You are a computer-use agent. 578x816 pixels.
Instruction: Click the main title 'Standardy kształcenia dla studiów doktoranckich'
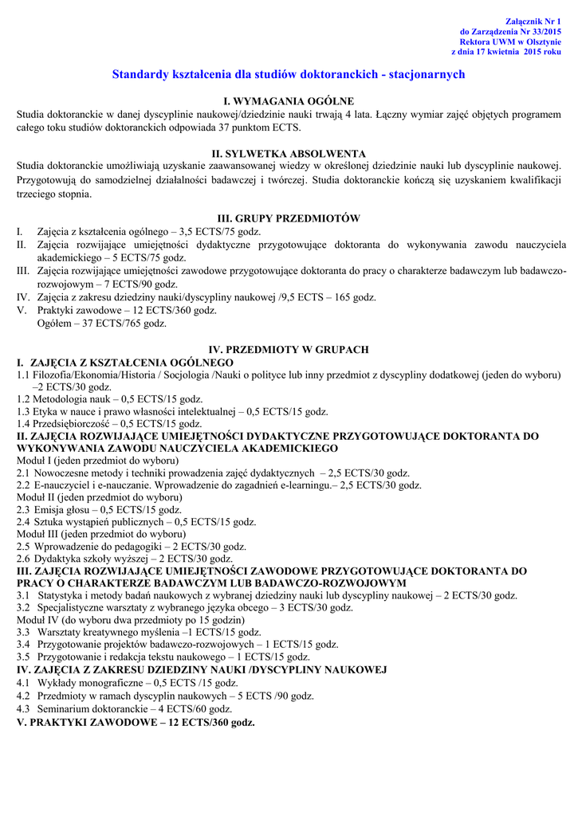[x=288, y=74]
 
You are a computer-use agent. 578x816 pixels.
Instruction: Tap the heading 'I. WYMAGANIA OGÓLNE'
[x=288, y=101]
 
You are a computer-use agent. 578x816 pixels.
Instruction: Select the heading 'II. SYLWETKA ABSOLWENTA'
[x=288, y=153]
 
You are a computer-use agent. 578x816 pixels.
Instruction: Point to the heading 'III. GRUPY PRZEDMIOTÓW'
[x=289, y=218]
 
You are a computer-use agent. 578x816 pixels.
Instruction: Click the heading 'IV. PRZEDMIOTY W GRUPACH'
[x=288, y=349]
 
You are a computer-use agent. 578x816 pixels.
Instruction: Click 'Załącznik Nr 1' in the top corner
[x=533, y=19]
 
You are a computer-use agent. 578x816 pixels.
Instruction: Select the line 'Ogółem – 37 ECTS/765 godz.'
[x=101, y=324]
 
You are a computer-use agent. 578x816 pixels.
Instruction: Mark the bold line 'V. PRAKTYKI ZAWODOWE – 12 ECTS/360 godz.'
[x=136, y=722]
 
